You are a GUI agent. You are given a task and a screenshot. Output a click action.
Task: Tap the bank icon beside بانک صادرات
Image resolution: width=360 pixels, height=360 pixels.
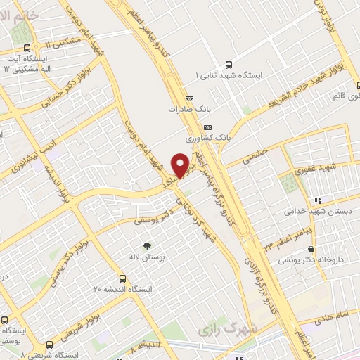[x=189, y=99]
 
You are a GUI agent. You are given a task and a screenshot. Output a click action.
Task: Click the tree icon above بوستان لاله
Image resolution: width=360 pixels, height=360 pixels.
[x=147, y=246]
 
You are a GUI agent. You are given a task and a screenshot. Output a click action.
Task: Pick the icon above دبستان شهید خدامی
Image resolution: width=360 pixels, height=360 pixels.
[x=317, y=200]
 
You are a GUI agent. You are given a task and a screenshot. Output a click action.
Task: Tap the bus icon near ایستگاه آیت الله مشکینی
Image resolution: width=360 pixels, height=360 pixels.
[x=27, y=49]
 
